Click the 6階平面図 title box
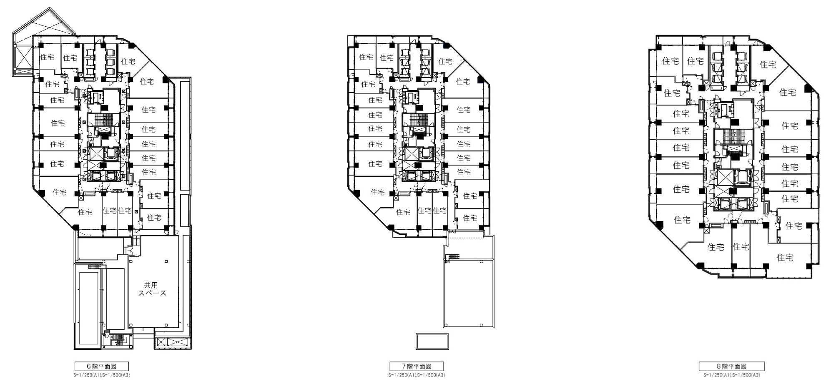102,366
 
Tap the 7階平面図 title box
417,366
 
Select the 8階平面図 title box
732,366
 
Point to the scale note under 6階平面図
102,375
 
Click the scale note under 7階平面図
417,375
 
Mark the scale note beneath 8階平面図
732,375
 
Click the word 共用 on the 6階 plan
151,285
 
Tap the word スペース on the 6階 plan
152,293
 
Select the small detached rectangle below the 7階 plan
432,341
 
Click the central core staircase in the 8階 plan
733,136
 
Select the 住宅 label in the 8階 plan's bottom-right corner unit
785,258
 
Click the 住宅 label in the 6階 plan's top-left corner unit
46,56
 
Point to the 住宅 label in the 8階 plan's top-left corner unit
670,61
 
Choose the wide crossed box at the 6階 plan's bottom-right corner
173,343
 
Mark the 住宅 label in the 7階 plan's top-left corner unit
366,56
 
